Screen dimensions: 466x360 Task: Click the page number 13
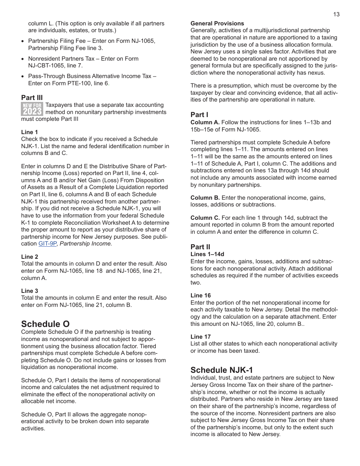[x=336, y=14]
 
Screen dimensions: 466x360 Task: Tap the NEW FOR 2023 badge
[x=32, y=109]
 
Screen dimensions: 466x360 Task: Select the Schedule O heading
[x=45, y=324]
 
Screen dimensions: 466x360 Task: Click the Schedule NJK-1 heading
[x=221, y=370]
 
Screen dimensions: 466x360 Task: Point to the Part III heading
[x=32, y=98]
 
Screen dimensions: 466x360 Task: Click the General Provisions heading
[x=217, y=23]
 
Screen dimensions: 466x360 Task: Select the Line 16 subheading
[x=200, y=296]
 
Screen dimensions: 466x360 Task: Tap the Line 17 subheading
[x=200, y=336]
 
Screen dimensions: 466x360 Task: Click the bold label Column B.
[x=205, y=197]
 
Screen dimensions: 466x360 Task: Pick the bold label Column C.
[x=205, y=217]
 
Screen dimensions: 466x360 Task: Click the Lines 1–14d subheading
[x=207, y=254]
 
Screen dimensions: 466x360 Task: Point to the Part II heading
[x=200, y=247]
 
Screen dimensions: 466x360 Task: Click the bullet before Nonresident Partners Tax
[x=23, y=59]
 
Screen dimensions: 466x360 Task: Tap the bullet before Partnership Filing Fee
[x=23, y=41]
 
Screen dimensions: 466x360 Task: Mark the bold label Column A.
[x=205, y=122]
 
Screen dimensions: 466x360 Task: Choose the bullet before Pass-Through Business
[x=23, y=77]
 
